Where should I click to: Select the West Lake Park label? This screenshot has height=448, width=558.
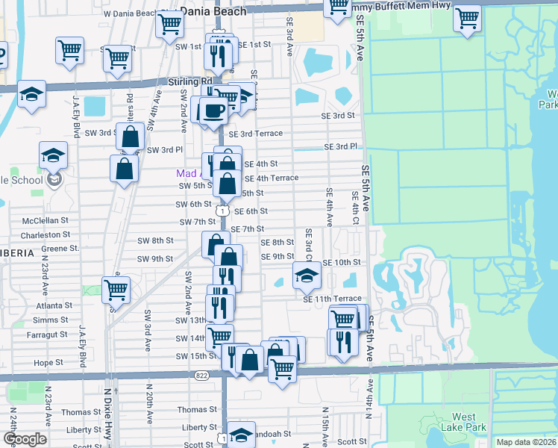coord(468,422)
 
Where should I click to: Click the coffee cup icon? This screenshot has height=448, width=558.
coord(213,111)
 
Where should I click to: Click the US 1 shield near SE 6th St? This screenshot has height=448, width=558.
coord(222,211)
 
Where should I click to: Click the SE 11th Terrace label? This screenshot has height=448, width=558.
coord(332,298)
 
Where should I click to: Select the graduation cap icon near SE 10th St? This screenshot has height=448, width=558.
coord(307,276)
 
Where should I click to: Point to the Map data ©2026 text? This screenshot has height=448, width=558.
coord(527,442)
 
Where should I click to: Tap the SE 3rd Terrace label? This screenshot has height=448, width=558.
coord(256,134)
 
